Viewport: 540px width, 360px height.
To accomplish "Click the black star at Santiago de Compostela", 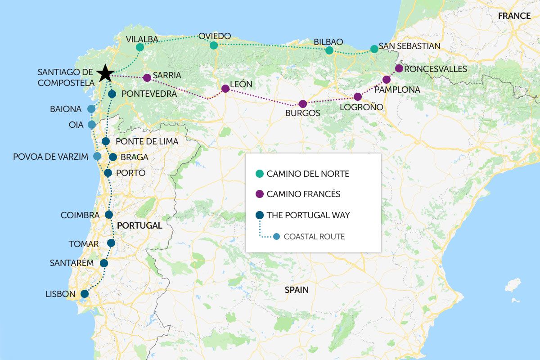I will click(105, 72).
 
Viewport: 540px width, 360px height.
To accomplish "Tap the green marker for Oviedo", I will click(214, 45).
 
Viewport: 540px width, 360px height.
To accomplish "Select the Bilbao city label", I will click(328, 42).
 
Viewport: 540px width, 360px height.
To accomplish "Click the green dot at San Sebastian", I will click(374, 49).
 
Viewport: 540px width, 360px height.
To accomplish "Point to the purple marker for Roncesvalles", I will click(399, 68).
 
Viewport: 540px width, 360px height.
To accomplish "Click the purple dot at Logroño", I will click(358, 97).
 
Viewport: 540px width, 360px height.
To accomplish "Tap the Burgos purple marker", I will click(303, 104).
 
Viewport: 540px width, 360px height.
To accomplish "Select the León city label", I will click(241, 85).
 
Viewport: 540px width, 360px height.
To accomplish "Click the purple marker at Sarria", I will click(147, 78).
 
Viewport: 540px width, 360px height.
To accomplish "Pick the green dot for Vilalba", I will click(140, 47).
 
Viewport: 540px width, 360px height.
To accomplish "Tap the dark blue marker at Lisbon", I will click(84, 294).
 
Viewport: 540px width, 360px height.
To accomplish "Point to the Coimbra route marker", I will click(108, 215).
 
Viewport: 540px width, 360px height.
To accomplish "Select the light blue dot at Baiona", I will click(91, 109).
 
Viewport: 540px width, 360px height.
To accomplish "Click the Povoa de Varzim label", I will click(50, 157).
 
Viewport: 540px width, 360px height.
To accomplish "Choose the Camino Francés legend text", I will click(303, 194).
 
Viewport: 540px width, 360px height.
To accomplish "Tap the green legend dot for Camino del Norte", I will click(259, 174).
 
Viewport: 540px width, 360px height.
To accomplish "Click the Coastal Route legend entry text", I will click(314, 237).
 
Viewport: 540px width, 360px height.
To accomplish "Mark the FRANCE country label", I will click(514, 16).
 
